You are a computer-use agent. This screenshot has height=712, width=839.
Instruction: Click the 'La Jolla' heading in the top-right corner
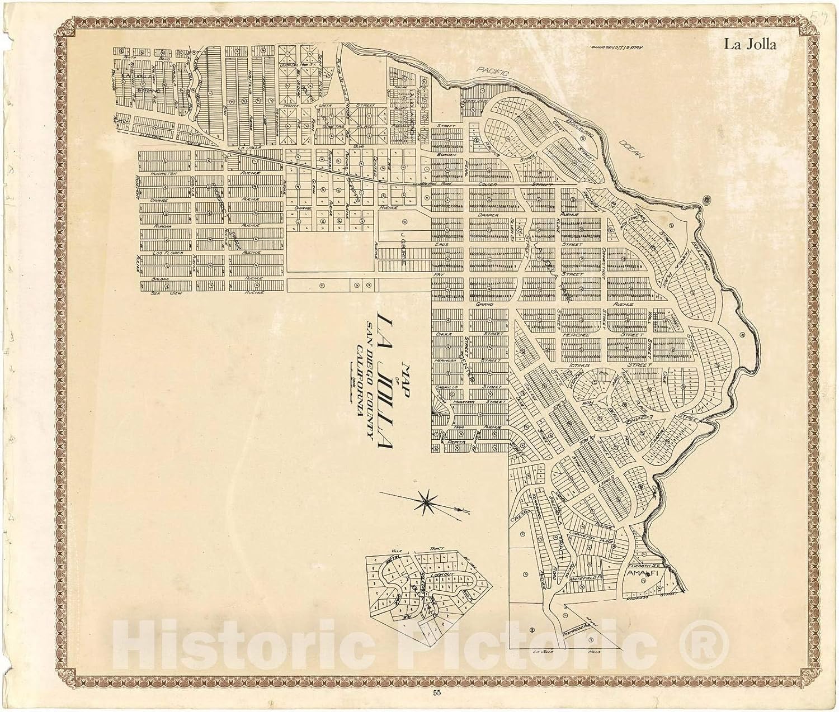(x=750, y=45)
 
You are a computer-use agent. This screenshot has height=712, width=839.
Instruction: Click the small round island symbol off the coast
(x=707, y=199)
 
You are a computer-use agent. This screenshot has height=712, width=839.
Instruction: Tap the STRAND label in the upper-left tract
(x=148, y=89)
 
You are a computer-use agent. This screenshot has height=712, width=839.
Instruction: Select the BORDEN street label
(x=447, y=155)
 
